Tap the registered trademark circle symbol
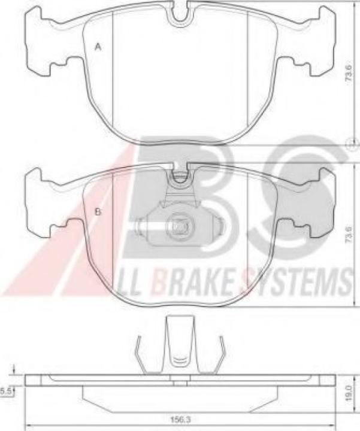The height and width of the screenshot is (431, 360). click(353, 143)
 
